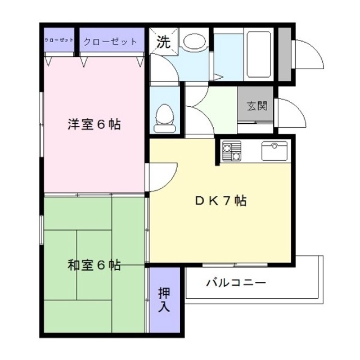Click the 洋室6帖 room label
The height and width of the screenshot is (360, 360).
94,124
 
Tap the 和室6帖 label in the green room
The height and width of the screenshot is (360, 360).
94,265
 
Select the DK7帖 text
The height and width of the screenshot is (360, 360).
220,201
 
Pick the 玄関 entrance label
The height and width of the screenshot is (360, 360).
256,105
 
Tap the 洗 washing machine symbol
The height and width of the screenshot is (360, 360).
162,41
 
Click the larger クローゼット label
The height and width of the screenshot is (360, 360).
110,42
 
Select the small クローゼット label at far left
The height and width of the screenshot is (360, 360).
59,41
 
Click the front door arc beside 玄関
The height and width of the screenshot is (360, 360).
290,112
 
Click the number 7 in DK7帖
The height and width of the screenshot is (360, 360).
226,201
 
